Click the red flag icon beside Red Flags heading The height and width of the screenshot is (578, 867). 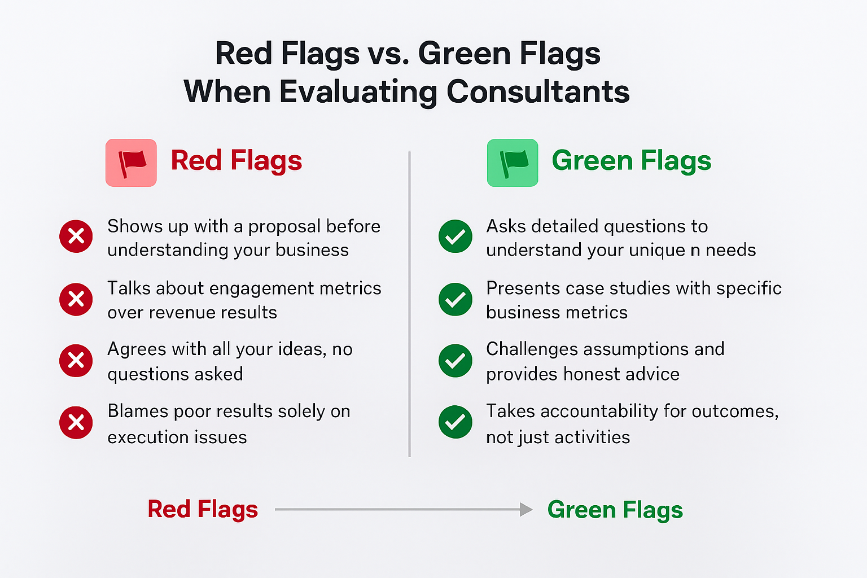[131, 163]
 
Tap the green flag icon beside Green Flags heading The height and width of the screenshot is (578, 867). [513, 163]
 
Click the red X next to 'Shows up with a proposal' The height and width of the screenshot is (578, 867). [76, 236]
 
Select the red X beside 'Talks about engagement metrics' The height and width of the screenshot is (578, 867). [76, 299]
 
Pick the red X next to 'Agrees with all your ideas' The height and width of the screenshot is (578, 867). [76, 360]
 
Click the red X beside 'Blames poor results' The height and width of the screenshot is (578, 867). [76, 422]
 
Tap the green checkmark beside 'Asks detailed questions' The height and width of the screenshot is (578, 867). [456, 236]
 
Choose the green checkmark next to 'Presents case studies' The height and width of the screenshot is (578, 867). [456, 299]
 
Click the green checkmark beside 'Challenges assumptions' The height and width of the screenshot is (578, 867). [456, 360]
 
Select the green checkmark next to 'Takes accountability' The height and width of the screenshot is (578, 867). [456, 422]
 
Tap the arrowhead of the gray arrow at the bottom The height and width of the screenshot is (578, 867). [526, 510]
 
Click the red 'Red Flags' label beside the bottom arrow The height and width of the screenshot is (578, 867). [203, 509]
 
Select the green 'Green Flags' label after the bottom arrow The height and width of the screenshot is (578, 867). [615, 510]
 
